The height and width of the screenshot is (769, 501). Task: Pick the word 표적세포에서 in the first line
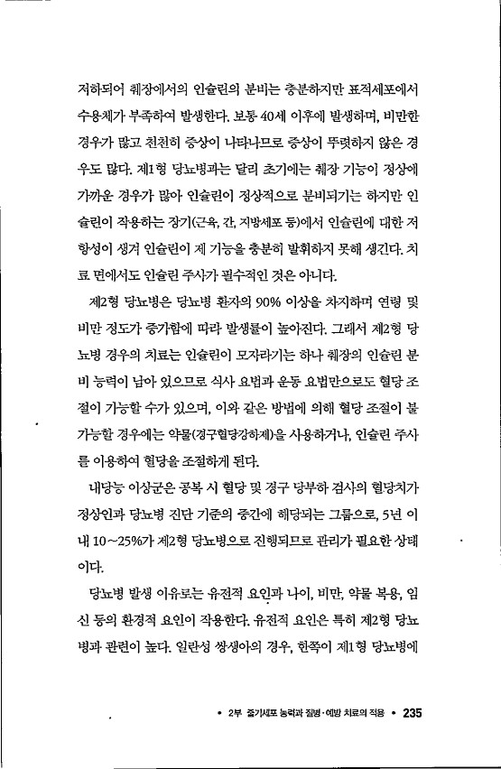click(x=393, y=92)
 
